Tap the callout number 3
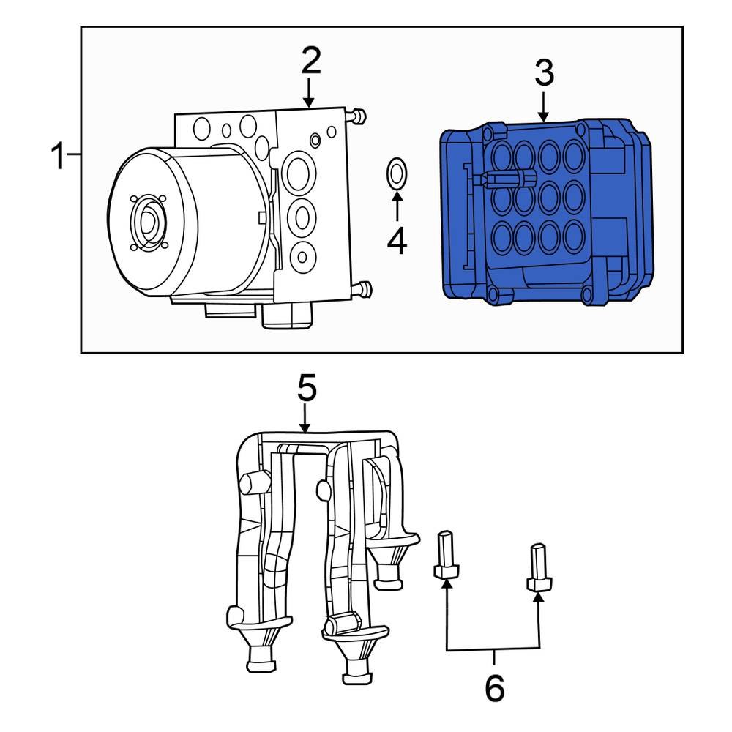(543, 72)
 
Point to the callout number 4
(397, 241)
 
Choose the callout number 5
(306, 389)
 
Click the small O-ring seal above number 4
(396, 173)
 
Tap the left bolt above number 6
(445, 556)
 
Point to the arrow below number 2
(310, 95)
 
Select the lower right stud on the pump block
(362, 289)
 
